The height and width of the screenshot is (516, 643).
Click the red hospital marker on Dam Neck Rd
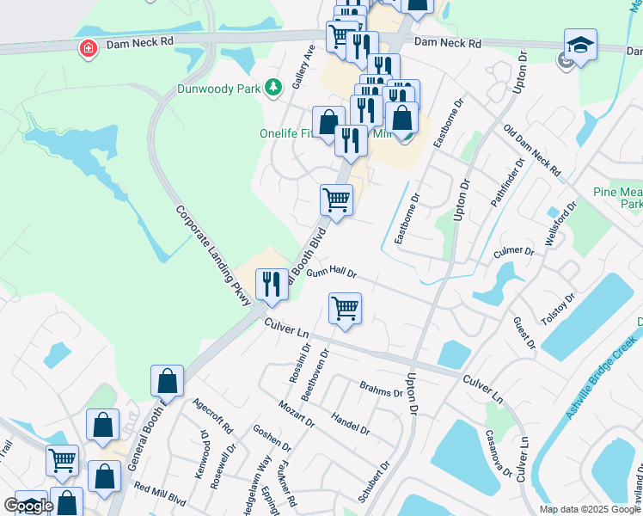(88, 48)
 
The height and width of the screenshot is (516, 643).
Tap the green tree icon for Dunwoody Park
(273, 87)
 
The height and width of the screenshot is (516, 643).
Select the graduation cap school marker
(580, 45)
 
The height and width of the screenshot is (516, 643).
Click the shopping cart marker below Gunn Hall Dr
(345, 307)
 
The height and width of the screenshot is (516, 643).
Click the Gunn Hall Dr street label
(332, 272)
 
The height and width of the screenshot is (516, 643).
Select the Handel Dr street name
(350, 422)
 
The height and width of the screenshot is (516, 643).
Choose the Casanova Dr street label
(499, 455)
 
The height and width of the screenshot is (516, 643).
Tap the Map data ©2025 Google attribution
(589, 509)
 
